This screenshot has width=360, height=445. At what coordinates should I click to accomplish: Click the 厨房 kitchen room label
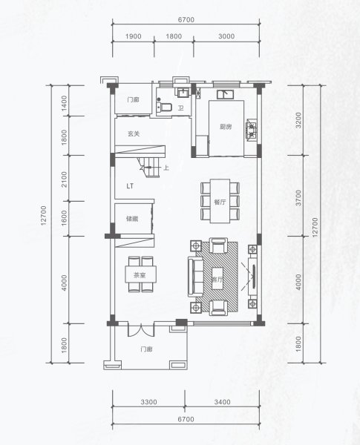click(226, 127)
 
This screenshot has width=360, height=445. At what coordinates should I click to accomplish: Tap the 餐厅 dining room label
click(220, 202)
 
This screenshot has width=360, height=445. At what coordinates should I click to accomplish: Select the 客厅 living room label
click(217, 280)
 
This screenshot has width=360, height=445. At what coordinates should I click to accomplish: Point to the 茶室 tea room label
click(140, 275)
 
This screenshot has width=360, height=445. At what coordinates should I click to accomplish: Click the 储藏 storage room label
click(132, 219)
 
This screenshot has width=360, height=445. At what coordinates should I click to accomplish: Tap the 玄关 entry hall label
click(134, 133)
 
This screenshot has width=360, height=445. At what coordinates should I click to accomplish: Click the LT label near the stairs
click(130, 186)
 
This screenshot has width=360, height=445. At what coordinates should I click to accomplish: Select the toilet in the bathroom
click(164, 108)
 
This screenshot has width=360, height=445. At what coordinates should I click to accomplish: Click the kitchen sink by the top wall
click(226, 94)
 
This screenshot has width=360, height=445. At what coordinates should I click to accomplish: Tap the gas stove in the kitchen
click(252, 131)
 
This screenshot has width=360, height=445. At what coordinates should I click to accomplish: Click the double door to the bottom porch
click(140, 329)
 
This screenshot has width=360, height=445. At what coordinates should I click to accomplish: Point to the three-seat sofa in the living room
click(195, 277)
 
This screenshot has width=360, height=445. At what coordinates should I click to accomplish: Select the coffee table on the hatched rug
click(217, 278)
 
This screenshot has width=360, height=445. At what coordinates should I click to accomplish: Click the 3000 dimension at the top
click(226, 36)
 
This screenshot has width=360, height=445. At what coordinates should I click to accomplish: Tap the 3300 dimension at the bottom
click(149, 402)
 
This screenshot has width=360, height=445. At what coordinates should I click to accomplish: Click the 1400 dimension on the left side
click(65, 103)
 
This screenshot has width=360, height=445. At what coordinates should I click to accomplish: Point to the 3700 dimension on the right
click(298, 198)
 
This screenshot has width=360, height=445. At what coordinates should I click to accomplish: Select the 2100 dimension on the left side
click(65, 179)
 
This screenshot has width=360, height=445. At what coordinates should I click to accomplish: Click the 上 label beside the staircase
click(166, 168)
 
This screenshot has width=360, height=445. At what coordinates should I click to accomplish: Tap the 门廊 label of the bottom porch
click(147, 349)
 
